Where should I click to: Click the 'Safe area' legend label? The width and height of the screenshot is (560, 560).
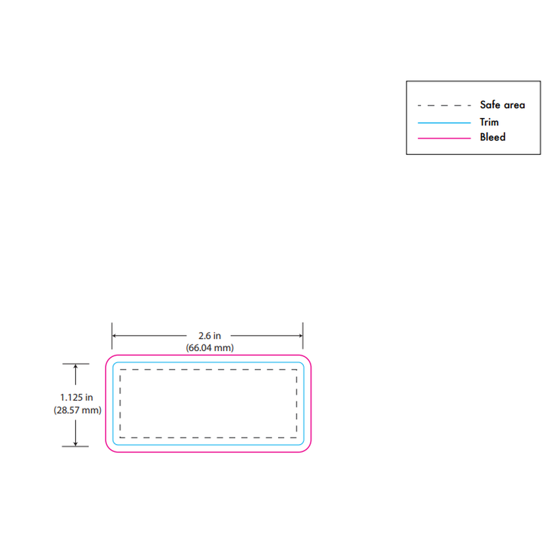(502, 105)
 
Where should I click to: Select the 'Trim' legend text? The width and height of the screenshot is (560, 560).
(489, 122)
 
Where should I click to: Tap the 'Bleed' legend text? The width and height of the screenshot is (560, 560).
(493, 137)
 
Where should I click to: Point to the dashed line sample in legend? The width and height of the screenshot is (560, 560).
(444, 105)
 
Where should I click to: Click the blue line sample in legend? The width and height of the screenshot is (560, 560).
(444, 123)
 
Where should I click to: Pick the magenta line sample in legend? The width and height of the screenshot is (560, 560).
(444, 138)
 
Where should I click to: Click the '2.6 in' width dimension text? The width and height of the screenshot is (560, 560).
(210, 336)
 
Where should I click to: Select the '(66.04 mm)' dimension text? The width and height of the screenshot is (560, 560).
(210, 348)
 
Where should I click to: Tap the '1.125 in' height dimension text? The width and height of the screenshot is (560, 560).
(76, 397)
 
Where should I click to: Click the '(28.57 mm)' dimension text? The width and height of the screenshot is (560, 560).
(78, 410)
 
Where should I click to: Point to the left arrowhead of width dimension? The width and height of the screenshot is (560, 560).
(114, 336)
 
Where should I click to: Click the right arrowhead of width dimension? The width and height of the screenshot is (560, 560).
(300, 336)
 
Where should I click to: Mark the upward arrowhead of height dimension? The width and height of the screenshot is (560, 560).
(75, 366)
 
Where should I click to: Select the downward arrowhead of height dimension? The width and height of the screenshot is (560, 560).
(75, 443)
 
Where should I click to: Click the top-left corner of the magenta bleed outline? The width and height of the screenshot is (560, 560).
(109, 358)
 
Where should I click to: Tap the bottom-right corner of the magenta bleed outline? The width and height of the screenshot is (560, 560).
(308, 449)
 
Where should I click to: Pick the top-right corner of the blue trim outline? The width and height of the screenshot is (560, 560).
(302, 364)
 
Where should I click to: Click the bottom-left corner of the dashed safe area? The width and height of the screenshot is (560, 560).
(120, 437)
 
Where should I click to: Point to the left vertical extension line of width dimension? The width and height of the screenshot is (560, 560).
(112, 336)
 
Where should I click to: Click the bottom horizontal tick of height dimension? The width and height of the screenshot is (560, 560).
(75, 447)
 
